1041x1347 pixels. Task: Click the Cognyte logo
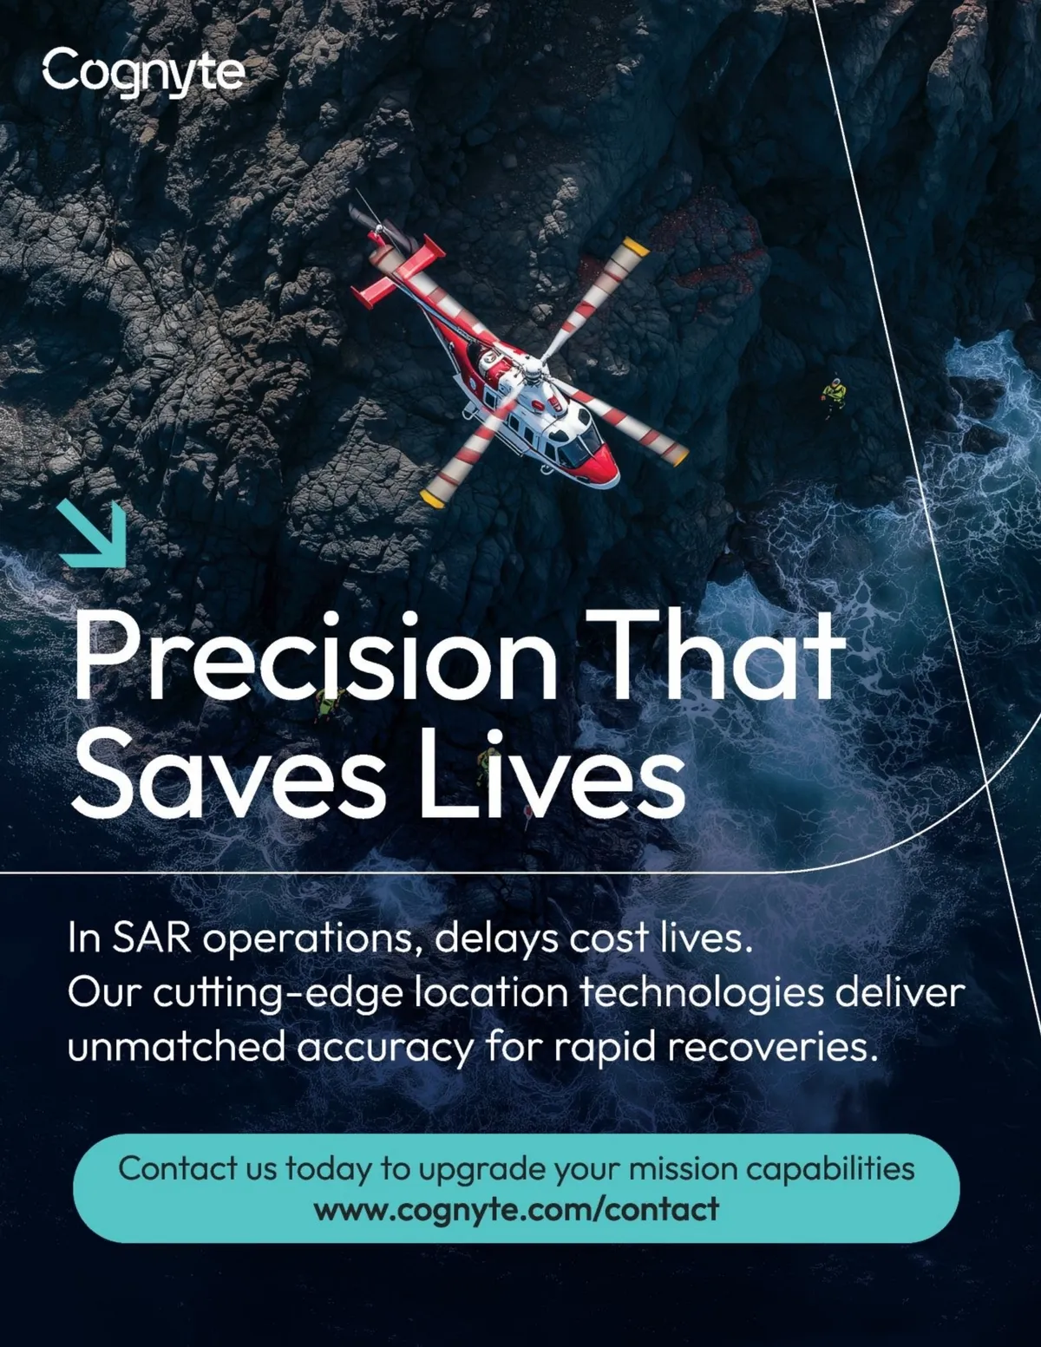click(x=143, y=73)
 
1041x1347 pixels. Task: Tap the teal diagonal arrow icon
click(x=94, y=534)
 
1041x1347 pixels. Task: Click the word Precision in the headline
click(x=316, y=657)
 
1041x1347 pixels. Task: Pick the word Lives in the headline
click(x=552, y=775)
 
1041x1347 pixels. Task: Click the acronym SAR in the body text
click(x=151, y=938)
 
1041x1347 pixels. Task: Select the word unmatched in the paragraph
click(x=176, y=1047)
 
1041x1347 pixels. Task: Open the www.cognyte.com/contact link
click(x=516, y=1209)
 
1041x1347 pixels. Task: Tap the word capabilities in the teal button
click(x=830, y=1169)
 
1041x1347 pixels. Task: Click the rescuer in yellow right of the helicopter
click(x=835, y=395)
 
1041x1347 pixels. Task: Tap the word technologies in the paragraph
click(x=702, y=994)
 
